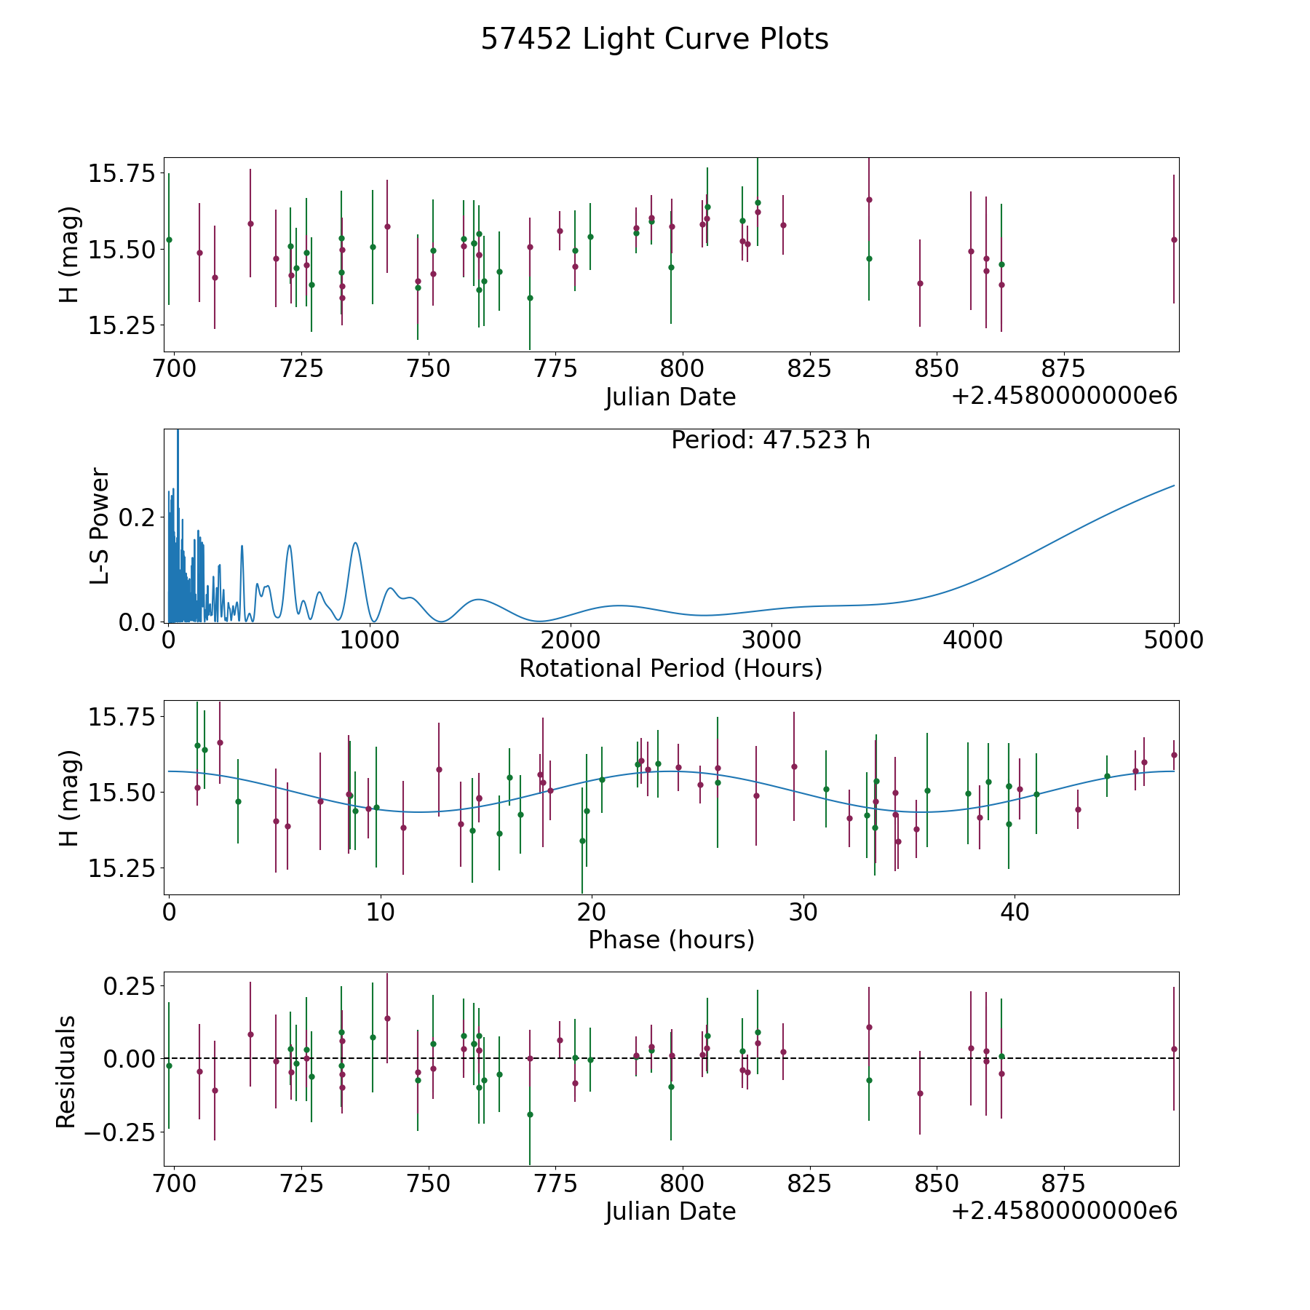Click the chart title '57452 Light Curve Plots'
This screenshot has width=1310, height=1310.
point(654,39)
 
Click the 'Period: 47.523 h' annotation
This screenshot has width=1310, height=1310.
point(771,440)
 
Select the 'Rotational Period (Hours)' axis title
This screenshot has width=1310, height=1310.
point(670,668)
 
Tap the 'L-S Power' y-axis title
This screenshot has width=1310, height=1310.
point(100,526)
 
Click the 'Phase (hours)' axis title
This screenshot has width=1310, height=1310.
point(671,940)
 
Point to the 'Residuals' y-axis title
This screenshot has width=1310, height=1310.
point(66,1072)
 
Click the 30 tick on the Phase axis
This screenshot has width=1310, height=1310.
point(803,912)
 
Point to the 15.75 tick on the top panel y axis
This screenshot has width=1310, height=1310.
point(122,174)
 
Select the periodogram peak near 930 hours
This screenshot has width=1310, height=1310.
point(355,543)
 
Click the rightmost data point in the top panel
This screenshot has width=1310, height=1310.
point(1173,239)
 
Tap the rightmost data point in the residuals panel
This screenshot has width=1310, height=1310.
point(1173,1049)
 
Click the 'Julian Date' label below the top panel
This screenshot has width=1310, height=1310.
point(670,397)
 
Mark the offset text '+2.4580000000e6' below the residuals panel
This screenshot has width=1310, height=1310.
point(1064,1210)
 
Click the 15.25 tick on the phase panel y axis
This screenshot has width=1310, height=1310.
point(122,868)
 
